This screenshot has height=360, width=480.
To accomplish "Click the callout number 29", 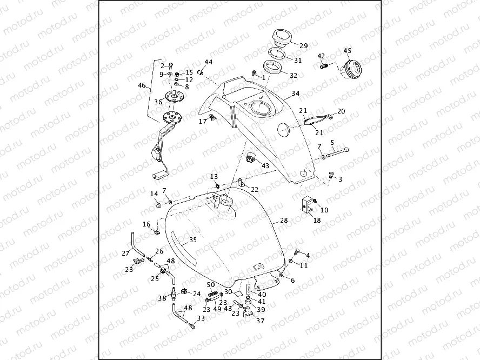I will point(303,46).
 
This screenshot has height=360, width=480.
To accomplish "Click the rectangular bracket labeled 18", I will point(307,205).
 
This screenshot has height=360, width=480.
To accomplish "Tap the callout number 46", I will point(142,85).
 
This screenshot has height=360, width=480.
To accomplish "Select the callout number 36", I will point(158,102).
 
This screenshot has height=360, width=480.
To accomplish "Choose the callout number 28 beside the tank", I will point(283,221).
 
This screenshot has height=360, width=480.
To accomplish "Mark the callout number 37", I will point(260,321).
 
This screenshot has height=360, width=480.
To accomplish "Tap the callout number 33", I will point(201,319).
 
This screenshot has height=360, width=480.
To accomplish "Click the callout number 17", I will point(203,121).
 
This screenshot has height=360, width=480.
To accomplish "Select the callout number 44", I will point(209,62).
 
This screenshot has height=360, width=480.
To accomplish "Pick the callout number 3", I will point(339,179).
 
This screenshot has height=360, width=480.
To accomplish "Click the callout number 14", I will point(154,194).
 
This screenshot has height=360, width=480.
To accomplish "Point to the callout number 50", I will point(211,284).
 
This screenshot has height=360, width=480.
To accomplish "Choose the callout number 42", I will point(321,56).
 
